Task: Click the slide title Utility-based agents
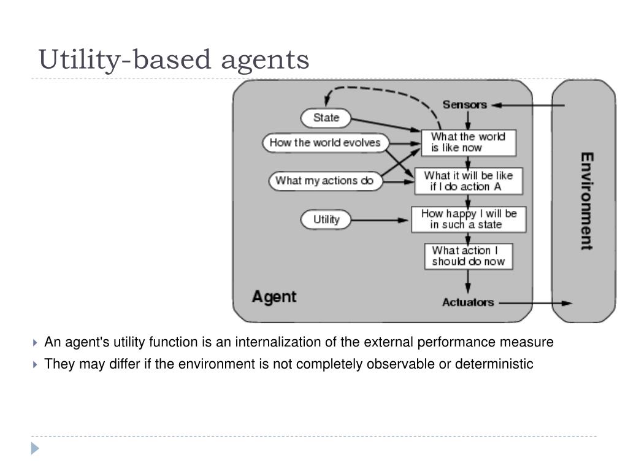tap(174, 59)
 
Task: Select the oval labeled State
tap(326, 118)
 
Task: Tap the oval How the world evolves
tap(325, 143)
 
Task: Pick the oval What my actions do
tap(324, 180)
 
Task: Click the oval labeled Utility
tap(326, 220)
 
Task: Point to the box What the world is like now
tap(468, 142)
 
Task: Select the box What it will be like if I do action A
tap(468, 180)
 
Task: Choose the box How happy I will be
tap(468, 219)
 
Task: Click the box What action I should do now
tap(468, 256)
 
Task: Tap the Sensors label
tap(464, 105)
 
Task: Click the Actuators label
tap(467, 302)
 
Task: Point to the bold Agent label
tap(274, 297)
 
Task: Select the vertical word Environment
tap(586, 201)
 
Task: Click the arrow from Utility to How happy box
tap(380, 220)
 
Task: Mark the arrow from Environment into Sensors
tap(527, 105)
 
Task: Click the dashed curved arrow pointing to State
tap(380, 91)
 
